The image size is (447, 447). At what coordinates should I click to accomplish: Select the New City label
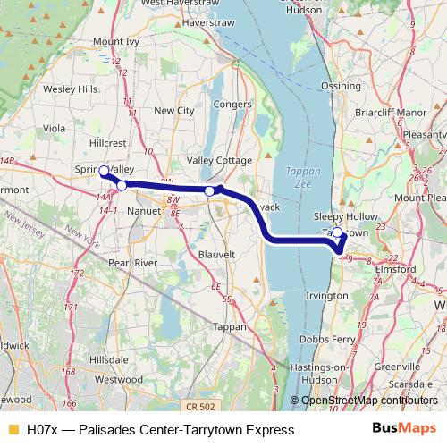pos(173,111)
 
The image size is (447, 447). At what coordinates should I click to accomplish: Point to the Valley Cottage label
pos(219,160)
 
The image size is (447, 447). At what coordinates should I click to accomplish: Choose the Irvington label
pos(325,295)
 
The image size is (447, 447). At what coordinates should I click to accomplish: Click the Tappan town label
pos(232,327)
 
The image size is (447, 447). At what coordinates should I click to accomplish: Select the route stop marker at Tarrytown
pos(337,233)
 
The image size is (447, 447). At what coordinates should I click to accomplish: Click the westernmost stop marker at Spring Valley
pos(103,170)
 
